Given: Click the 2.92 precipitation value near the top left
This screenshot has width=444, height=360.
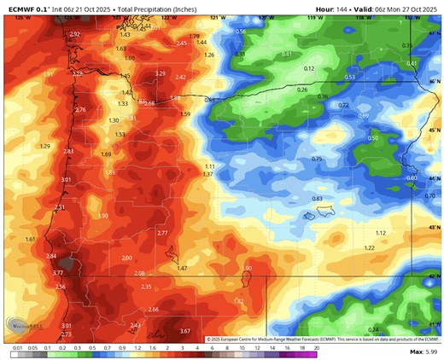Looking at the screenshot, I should coord(74,34).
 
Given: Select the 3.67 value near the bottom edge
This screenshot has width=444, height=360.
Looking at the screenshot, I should coord(185,331).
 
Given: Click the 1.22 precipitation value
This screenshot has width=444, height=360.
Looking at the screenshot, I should coord(369,247).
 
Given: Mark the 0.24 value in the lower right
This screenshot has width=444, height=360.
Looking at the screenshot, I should coord(372,329).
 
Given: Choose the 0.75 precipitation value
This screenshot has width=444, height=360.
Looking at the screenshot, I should coord(317,160).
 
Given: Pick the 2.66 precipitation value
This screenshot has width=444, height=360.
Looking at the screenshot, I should coord(154,309).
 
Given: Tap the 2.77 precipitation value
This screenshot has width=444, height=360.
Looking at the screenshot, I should coord(163,232).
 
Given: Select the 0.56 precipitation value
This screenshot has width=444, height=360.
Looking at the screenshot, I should coord(241,32).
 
